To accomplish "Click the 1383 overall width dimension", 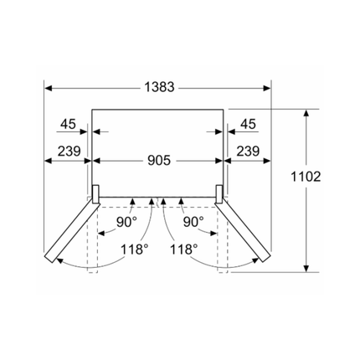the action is click(159, 87).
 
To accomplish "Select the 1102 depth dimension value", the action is click(306, 177).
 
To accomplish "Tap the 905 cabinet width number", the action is click(159, 161).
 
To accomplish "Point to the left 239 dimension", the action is click(69, 152).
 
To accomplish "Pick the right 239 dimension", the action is click(248, 152).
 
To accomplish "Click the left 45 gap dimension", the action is click(69, 124).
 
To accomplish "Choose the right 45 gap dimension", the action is click(248, 124).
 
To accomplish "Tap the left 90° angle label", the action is click(126, 222).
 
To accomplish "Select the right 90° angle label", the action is click(193, 222).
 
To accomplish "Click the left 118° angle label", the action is click(134, 249).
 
